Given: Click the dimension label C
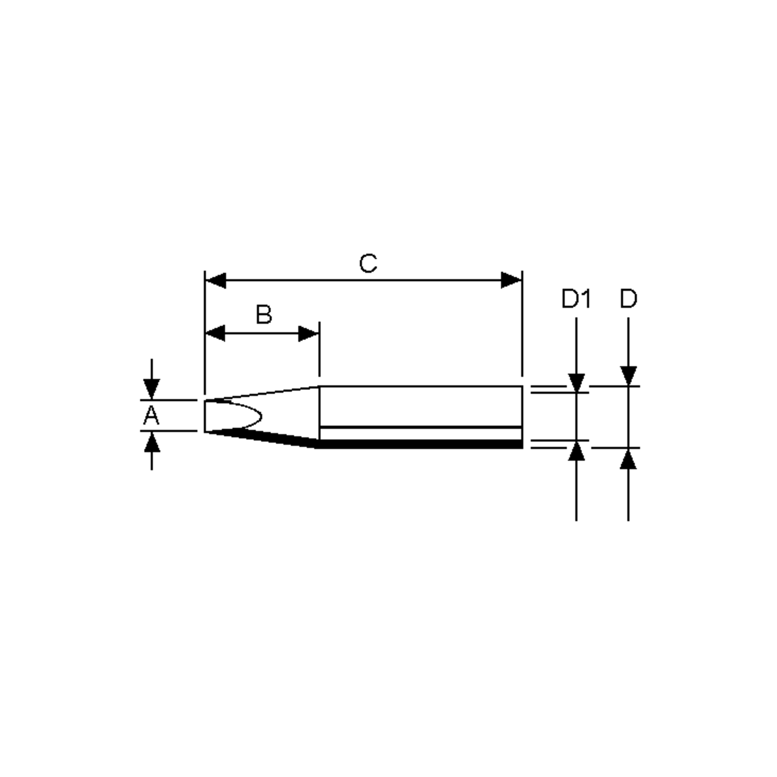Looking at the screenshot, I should point(368,264).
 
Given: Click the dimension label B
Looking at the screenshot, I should point(264,315).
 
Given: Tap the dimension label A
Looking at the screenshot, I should point(151,415).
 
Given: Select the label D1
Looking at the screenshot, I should point(576,299).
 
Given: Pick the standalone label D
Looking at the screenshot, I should point(628,299).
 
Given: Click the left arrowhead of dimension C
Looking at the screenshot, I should point(216,280).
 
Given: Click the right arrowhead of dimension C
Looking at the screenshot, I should point(511,280).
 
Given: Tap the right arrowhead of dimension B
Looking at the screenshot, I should point(309,333).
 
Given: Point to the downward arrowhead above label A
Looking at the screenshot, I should point(152,388).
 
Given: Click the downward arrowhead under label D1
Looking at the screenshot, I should point(576,382).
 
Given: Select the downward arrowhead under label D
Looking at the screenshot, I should point(628,376).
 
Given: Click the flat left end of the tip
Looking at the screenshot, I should point(205,416).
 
